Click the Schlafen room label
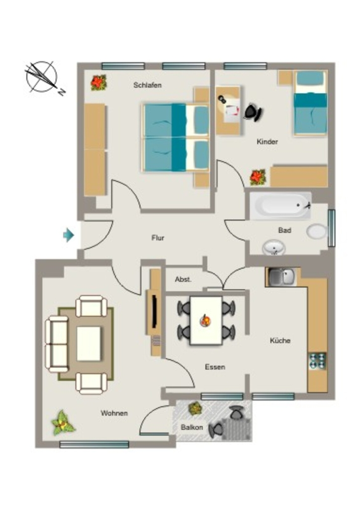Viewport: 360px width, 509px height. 147,85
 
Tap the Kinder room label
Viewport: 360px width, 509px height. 267,142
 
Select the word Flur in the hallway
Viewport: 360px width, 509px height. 158,238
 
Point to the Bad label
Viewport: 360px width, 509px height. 284,230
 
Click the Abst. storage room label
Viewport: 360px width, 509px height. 183,279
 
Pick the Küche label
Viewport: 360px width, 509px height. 280,340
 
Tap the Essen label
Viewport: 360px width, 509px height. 215,367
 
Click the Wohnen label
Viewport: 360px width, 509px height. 114,413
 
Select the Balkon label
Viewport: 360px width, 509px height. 192,427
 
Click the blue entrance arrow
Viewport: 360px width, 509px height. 69,235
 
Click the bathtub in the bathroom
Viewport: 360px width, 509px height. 280,205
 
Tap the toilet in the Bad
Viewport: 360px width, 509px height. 317,232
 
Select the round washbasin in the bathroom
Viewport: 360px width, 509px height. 273,248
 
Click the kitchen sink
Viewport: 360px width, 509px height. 281,277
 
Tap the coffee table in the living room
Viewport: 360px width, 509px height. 89,343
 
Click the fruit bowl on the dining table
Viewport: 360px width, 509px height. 205,321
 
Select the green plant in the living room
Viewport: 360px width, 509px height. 63,423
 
